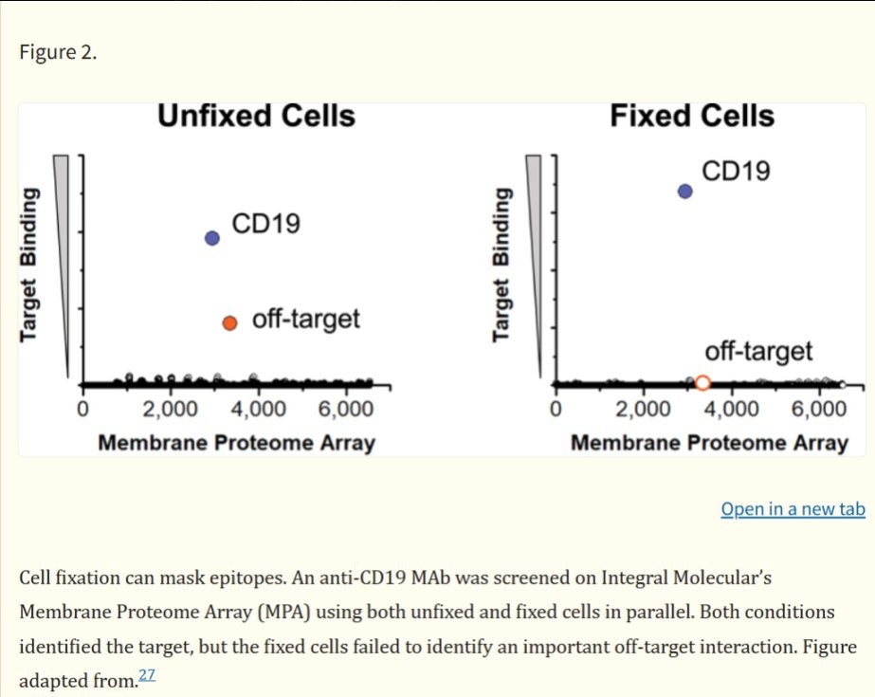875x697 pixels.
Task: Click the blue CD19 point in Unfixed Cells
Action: pos(212,238)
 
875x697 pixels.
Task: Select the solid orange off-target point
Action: pos(229,323)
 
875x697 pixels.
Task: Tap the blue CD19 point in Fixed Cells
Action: pos(684,192)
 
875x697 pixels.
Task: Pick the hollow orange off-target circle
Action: pos(702,382)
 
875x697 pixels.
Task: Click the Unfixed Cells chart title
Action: pos(256,116)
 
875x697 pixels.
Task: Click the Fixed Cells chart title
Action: pos(692,116)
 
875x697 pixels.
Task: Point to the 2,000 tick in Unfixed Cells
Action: pos(170,409)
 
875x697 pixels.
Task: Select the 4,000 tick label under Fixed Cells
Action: pos(731,409)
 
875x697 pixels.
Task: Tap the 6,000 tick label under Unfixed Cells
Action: pos(345,409)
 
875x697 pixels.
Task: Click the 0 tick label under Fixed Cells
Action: pos(556,409)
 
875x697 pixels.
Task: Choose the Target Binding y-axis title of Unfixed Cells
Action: pos(29,265)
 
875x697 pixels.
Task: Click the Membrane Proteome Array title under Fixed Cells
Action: pos(709,443)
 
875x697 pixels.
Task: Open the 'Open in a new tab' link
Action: pos(793,509)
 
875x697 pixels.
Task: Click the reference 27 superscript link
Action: pos(147,675)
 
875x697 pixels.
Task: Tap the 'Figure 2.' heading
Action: pos(58,52)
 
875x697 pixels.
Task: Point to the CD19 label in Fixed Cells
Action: pos(736,171)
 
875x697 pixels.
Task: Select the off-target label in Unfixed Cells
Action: pos(306,320)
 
